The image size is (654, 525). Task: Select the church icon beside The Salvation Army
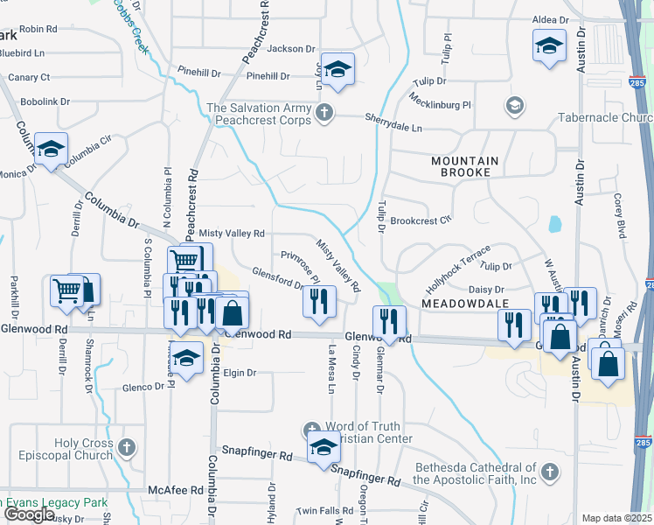pos(324,112)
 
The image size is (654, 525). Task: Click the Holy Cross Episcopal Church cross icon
pos(127,449)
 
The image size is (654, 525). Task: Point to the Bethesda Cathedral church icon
pos(549,473)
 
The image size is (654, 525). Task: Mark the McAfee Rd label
pos(175,490)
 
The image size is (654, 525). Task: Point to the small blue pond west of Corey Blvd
pos(555,224)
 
